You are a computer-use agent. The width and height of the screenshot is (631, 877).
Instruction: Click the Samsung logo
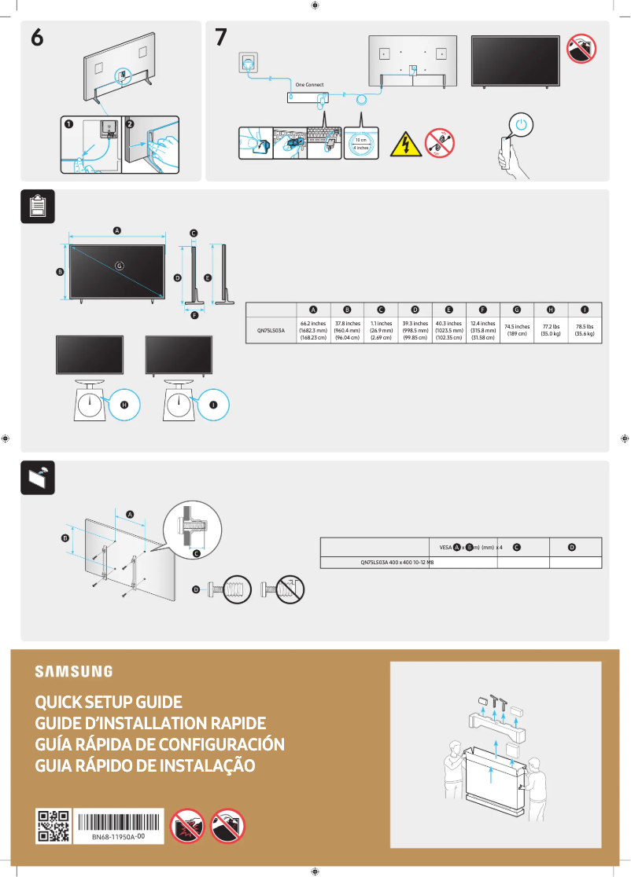(73, 672)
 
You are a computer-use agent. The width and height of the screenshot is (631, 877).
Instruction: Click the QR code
(53, 827)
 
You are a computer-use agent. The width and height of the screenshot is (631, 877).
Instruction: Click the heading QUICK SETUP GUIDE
(109, 702)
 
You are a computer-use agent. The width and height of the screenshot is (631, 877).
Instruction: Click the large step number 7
(222, 38)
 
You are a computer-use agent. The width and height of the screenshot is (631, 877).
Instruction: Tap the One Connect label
(309, 84)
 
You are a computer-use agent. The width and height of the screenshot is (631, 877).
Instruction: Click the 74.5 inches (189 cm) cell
(517, 330)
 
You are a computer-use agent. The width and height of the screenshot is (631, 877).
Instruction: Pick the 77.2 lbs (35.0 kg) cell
(551, 330)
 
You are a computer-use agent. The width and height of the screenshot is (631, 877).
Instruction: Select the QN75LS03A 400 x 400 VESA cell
(397, 563)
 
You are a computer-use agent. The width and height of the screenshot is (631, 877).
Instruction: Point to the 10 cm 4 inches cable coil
(361, 143)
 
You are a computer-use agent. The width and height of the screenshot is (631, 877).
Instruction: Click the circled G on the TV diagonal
(120, 266)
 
